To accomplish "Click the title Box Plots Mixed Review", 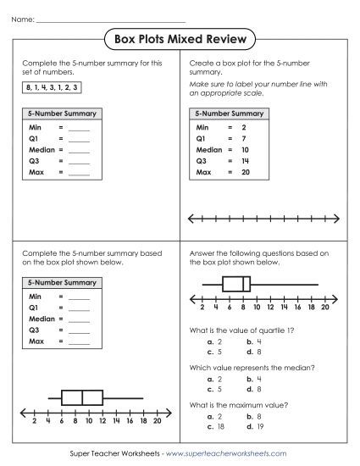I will coord(180,38).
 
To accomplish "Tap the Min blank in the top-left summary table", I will coord(79,128).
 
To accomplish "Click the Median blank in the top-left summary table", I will coord(79,150).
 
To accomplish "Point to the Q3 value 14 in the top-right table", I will coord(243,160).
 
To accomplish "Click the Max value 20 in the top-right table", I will coord(243,172).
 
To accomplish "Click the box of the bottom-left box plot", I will coord(81,397).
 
